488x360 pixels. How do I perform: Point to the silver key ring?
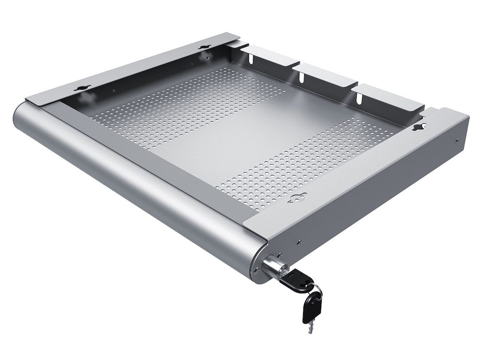pos(317,290)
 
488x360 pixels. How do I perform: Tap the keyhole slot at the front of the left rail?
pos(85,88)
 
